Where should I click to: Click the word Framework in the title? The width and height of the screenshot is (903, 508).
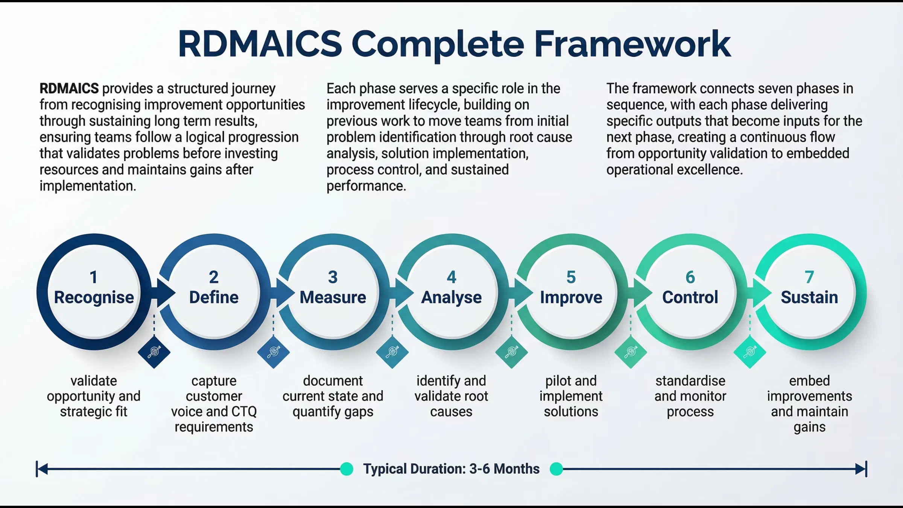[632, 44]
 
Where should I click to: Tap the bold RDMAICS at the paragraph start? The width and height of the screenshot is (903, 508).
[69, 89]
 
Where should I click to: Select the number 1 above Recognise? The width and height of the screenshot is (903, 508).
[94, 277]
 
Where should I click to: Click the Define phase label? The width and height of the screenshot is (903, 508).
[214, 297]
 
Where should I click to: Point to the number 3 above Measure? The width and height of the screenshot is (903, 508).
[333, 277]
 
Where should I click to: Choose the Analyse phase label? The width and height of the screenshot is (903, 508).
[451, 297]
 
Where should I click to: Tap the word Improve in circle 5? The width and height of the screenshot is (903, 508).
[571, 297]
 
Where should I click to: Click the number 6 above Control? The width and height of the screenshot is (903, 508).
[690, 277]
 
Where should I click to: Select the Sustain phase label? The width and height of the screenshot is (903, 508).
[809, 297]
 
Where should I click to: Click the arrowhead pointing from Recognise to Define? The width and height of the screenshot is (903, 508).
[166, 293]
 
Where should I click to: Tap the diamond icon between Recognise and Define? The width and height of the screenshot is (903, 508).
[154, 352]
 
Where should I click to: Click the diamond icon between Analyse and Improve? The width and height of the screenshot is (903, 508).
[511, 352]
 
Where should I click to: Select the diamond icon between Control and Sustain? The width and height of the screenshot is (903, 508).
[749, 352]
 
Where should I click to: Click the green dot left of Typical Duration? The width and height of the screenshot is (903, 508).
[347, 469]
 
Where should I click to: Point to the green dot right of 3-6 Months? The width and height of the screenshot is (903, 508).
[556, 469]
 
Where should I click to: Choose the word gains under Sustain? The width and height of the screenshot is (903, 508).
[809, 427]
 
